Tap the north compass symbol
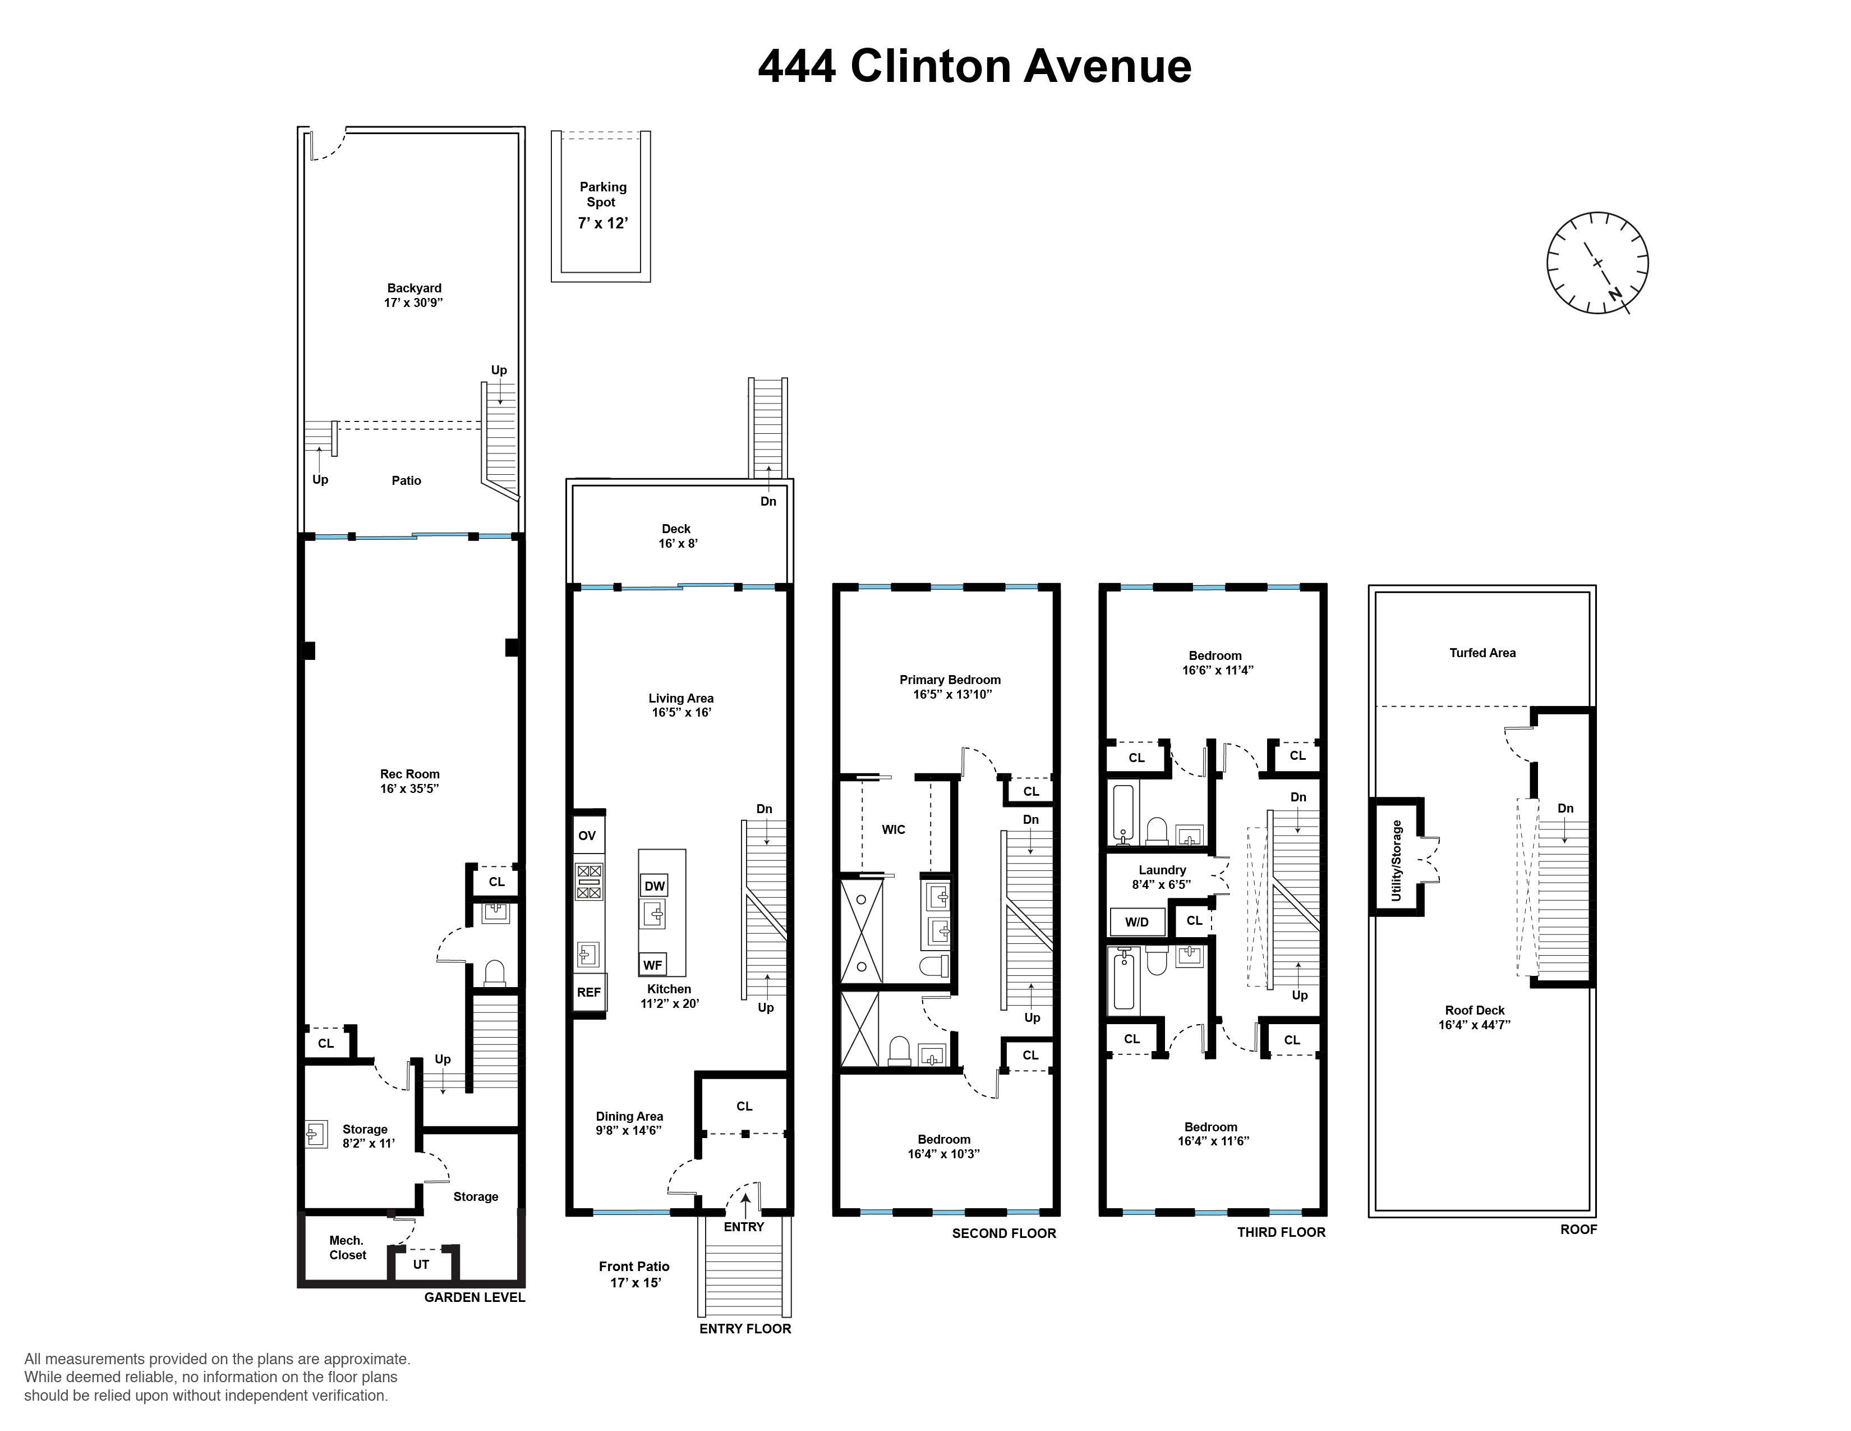point(1597,263)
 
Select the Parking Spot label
point(602,194)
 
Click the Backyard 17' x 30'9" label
point(413,295)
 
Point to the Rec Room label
point(409,781)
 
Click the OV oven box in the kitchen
point(587,836)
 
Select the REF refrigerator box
point(589,992)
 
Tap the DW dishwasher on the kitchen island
point(654,886)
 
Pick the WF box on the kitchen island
point(652,965)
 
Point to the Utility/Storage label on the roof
point(1397,860)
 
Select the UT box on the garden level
point(421,1264)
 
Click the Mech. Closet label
point(348,1248)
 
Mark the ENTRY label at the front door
point(743,1227)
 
